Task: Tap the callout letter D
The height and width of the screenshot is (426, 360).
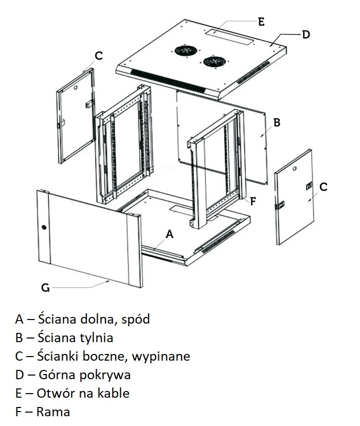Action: [x=305, y=34]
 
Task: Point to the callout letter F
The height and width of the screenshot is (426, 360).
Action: [x=253, y=201]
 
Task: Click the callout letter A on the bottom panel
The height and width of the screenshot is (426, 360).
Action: [x=170, y=234]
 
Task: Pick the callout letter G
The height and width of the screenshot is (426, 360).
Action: [x=45, y=288]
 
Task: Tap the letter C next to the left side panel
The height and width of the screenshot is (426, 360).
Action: [x=99, y=56]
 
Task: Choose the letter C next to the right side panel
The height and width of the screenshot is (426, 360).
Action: [x=323, y=187]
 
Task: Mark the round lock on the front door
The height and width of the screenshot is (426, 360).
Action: [x=44, y=227]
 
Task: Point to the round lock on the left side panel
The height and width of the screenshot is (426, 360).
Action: [x=75, y=88]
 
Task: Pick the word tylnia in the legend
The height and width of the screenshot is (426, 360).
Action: [x=96, y=338]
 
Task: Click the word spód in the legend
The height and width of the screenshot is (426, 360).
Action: [x=135, y=319]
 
